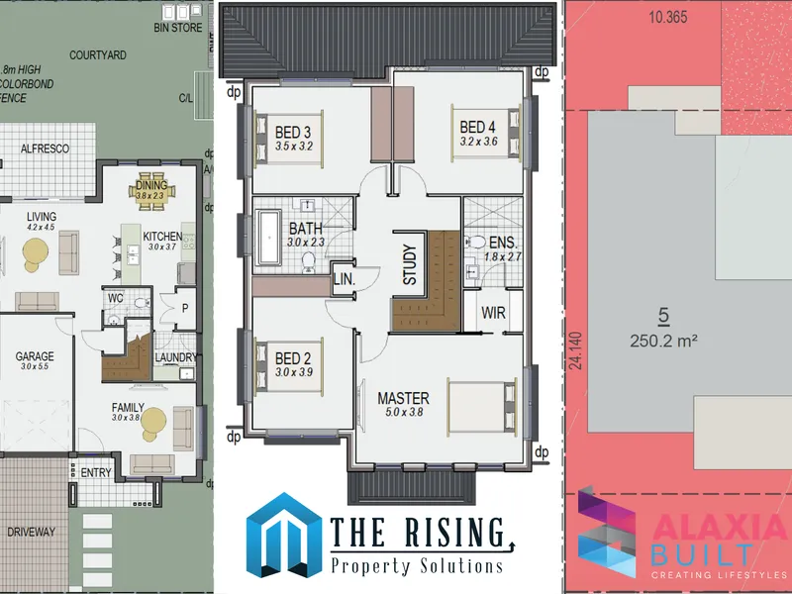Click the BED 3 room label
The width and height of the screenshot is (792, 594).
click(x=293, y=133)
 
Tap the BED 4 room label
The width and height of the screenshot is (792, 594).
click(x=478, y=127)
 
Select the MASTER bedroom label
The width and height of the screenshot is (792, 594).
click(x=404, y=398)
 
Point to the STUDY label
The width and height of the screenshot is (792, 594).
click(x=410, y=264)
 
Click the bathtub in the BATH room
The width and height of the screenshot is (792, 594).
click(x=268, y=238)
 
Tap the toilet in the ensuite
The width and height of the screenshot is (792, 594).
click(x=476, y=242)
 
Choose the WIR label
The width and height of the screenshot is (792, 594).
click(x=493, y=313)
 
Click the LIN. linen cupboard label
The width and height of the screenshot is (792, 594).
click(x=345, y=280)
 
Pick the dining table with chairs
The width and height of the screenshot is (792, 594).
click(x=151, y=191)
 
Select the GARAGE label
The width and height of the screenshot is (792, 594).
click(x=35, y=356)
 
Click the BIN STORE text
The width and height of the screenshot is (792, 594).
click(x=178, y=28)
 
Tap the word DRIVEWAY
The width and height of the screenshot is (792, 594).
click(x=31, y=532)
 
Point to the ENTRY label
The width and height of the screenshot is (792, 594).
click(x=96, y=473)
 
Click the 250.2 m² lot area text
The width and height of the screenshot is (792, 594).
click(x=663, y=341)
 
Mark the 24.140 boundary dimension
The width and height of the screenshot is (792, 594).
click(x=576, y=350)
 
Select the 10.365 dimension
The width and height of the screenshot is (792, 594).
click(x=668, y=17)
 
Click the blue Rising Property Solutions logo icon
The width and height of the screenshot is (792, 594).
click(x=284, y=536)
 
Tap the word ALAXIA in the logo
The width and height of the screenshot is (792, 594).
click(x=720, y=529)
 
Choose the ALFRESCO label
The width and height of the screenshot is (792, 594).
click(x=45, y=148)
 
